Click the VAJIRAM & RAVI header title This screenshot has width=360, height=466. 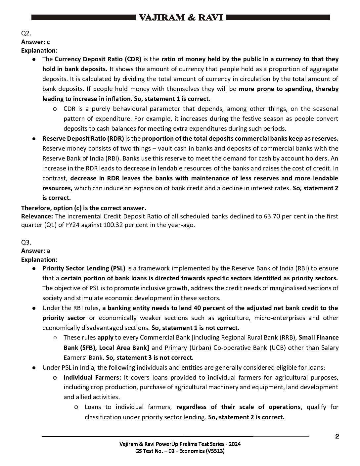(x=181, y=18)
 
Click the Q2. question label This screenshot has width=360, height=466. (x=26, y=33)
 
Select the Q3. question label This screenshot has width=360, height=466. (x=26, y=242)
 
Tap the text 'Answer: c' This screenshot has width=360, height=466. (x=35, y=42)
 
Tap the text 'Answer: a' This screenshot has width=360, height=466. (x=35, y=251)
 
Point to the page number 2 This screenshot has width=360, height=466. (x=337, y=436)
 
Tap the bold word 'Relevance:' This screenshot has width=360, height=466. (x=37, y=216)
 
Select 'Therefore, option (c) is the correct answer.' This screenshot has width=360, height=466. (x=83, y=208)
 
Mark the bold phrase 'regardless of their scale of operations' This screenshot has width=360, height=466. (x=239, y=407)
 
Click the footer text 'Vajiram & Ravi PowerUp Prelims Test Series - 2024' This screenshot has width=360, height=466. (x=180, y=444)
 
